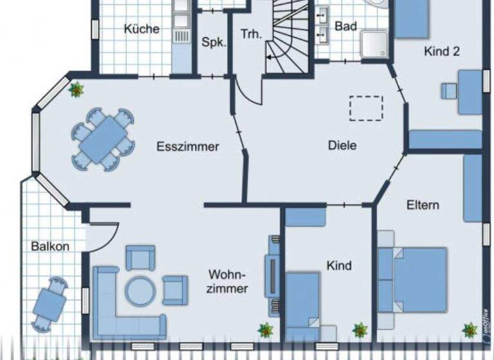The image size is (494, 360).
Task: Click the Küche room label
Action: tap(142, 29)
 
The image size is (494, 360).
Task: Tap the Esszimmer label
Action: tap(188, 147)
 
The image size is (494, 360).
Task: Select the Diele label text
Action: tap(342, 145)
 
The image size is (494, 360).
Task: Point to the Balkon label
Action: tap(50, 246)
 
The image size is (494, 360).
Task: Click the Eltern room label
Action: tap(423, 205)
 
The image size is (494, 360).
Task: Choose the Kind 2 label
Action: tap(441, 52)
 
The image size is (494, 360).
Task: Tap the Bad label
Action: tap(345, 27)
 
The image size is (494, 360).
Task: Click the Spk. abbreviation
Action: tap(214, 42)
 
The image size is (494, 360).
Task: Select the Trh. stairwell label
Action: tap(251, 35)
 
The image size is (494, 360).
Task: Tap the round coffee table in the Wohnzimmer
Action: tap(140, 291)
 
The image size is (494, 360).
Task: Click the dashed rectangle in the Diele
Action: tap(366, 108)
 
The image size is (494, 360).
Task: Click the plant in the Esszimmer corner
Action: tap(77, 89)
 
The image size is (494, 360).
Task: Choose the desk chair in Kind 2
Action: tap(448, 91)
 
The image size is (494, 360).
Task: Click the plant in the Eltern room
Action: tap(470, 330)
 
